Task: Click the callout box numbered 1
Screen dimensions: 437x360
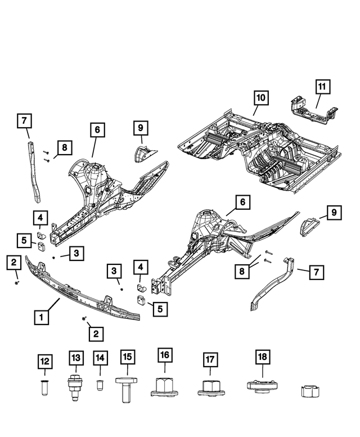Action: point(41,317)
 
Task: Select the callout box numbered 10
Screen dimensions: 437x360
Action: point(260,98)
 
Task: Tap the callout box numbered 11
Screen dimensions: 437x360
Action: point(322,87)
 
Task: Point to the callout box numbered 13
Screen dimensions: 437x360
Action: point(76,358)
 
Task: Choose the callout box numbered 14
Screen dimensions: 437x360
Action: point(100,358)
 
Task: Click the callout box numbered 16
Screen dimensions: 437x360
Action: point(164,355)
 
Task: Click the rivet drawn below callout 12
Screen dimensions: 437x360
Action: point(45,388)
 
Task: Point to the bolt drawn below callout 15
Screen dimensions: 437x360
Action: point(126,389)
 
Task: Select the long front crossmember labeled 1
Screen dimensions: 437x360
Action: point(84,290)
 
